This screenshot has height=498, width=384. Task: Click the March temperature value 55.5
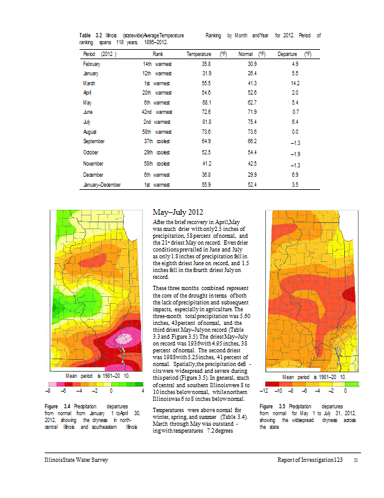206,83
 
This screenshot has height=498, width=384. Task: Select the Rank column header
158,54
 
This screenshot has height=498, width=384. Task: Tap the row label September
94,141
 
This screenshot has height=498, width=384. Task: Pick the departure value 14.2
295,83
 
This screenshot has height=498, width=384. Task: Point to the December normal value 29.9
252,175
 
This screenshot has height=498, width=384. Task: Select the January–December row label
102,184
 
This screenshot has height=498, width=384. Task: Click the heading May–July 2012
178,212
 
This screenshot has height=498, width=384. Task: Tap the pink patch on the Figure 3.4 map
123,337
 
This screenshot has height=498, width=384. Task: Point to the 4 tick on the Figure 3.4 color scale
143,391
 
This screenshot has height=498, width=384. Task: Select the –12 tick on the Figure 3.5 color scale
264,391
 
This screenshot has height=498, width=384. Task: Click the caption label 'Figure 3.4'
57,406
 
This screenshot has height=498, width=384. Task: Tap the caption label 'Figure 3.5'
272,406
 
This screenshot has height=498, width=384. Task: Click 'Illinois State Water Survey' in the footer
76,459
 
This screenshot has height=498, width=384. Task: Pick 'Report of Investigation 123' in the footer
310,459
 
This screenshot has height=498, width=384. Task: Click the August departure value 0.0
295,132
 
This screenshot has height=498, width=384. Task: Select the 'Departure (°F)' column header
295,54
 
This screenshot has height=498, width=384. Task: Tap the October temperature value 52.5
206,153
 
